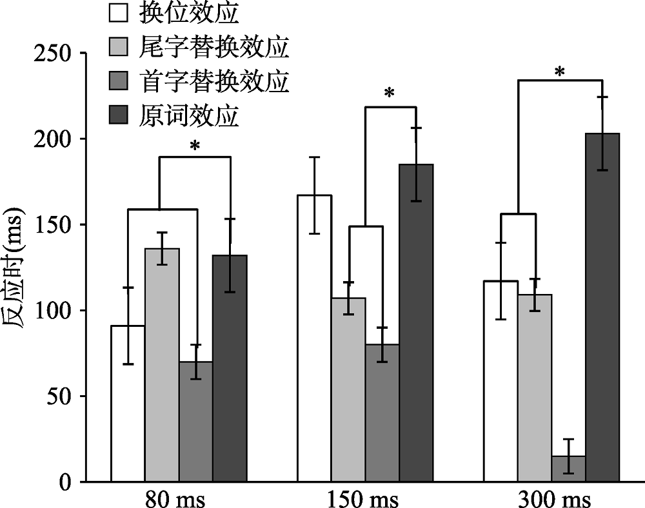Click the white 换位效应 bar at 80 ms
click(128, 413)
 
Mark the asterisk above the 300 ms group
click(560, 72)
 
